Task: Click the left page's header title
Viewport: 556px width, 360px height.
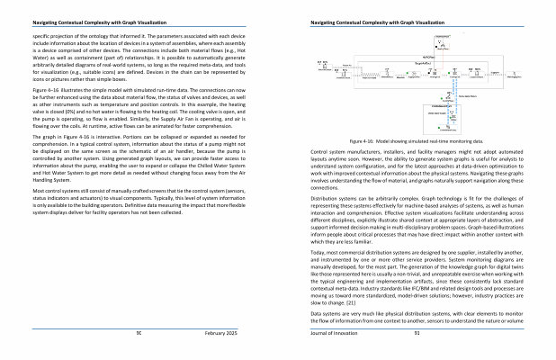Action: coord(80,22)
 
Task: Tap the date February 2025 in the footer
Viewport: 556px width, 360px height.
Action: coord(220,332)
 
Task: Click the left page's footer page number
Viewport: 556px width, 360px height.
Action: coord(138,332)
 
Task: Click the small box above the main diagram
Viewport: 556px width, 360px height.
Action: coord(441,37)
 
